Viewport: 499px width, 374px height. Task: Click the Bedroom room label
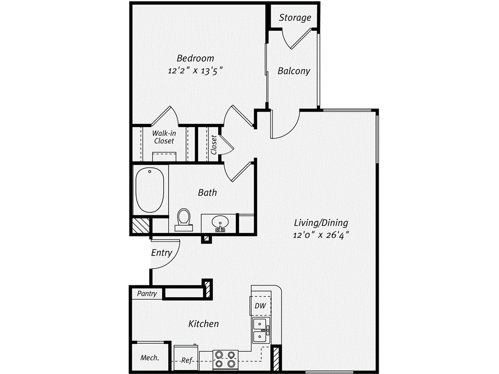(x=195, y=58)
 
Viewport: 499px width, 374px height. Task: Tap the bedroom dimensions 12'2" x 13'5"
(x=195, y=70)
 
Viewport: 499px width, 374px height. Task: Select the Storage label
(x=295, y=18)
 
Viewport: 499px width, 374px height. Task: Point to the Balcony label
(x=293, y=71)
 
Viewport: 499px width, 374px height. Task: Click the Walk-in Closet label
(x=164, y=137)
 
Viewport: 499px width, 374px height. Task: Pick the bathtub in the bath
(x=150, y=191)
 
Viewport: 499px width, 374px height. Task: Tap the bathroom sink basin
(x=220, y=224)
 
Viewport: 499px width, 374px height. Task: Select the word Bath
(x=207, y=192)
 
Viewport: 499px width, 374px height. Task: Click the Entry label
(x=161, y=253)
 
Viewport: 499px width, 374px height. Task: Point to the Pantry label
(x=147, y=294)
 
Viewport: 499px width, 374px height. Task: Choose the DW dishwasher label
(x=260, y=306)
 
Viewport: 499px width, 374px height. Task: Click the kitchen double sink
(x=261, y=330)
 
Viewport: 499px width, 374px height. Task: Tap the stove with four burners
(x=224, y=359)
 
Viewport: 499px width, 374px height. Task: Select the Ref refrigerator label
(x=186, y=361)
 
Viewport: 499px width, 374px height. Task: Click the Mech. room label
(x=150, y=358)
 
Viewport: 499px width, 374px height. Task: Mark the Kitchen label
(x=203, y=324)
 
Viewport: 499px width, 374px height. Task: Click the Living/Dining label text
(x=321, y=223)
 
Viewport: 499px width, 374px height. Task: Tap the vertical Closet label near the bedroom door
(x=214, y=145)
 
